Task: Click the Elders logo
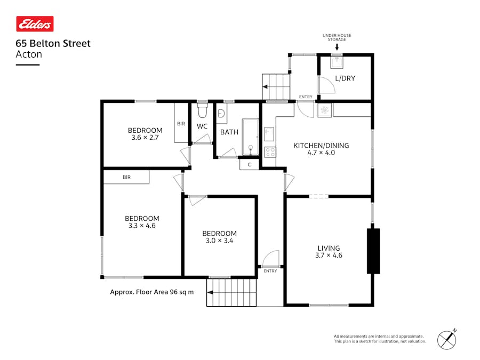click(x=35, y=24)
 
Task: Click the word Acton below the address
click(x=29, y=54)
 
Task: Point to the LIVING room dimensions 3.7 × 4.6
click(x=329, y=255)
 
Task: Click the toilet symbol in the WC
click(x=202, y=111)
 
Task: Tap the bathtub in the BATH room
click(x=250, y=137)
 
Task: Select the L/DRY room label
click(x=345, y=78)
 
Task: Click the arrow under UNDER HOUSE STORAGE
click(x=337, y=47)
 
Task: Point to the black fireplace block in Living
click(x=373, y=251)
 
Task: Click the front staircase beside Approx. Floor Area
click(x=231, y=292)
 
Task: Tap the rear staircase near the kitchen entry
click(x=276, y=87)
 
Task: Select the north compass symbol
click(x=447, y=339)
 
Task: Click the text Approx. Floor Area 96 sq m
click(x=152, y=292)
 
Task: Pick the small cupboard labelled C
click(x=249, y=165)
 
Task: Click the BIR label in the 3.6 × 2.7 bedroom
click(x=181, y=124)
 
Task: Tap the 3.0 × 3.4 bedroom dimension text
click(x=219, y=241)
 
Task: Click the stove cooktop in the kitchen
click(x=270, y=151)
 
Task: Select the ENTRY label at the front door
click(x=270, y=271)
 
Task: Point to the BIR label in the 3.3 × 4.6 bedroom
click(x=126, y=177)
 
